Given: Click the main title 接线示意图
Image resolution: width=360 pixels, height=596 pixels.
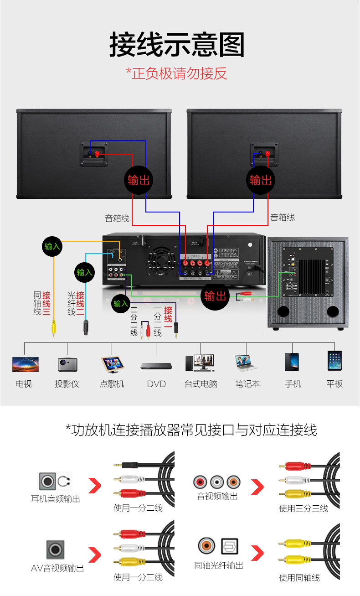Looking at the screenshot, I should (177, 44).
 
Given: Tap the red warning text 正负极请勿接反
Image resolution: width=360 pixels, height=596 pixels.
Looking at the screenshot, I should (176, 73).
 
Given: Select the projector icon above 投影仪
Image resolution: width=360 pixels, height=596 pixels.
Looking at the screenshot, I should (67, 364).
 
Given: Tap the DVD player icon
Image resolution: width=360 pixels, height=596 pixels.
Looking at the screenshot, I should (156, 365).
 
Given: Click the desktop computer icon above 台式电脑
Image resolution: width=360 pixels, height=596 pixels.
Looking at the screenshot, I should (201, 363).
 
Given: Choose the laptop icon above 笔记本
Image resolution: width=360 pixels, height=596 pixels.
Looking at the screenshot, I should (247, 363).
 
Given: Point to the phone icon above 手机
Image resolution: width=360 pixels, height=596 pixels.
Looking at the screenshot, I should (292, 362).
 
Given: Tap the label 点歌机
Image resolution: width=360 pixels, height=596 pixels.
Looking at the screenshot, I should (112, 384).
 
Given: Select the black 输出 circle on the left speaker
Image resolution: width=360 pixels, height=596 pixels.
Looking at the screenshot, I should (139, 180).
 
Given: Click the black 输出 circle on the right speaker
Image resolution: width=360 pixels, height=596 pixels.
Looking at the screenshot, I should (261, 180).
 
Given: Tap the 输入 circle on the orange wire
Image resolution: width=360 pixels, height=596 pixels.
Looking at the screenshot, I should (52, 246).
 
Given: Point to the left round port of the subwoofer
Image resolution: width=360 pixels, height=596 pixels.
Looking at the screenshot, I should (283, 312).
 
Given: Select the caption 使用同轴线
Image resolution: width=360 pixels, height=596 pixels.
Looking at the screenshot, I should (299, 578).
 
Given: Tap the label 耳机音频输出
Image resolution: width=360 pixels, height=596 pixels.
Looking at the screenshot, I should (56, 499).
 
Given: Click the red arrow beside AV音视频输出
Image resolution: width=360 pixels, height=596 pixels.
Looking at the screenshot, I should (94, 555).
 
